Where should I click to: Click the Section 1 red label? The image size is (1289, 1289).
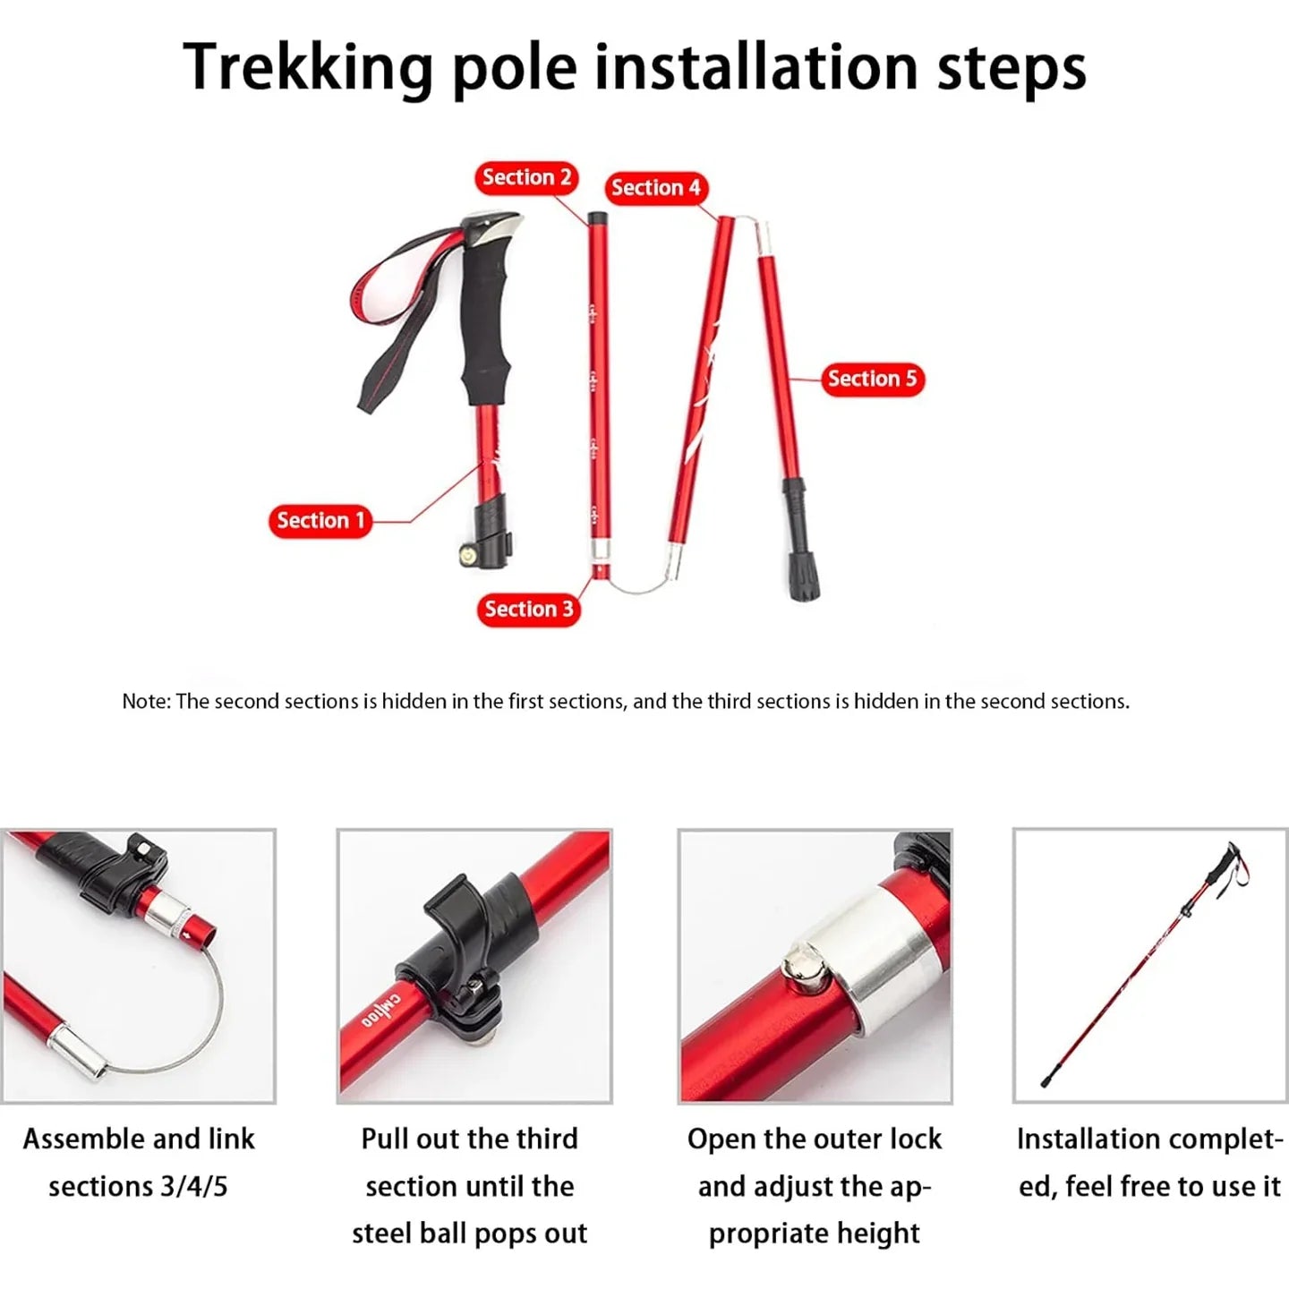[320, 521]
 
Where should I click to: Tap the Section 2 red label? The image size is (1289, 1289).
[526, 177]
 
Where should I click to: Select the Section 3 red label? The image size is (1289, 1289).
[528, 610]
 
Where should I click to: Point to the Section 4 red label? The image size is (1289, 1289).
[655, 188]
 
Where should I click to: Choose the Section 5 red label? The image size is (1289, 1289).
[872, 379]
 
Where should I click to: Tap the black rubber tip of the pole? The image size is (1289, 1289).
[803, 582]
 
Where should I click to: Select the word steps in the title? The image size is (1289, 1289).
[1011, 68]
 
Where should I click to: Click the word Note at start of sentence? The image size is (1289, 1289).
[143, 702]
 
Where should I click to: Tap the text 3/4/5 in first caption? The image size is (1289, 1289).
[194, 1187]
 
